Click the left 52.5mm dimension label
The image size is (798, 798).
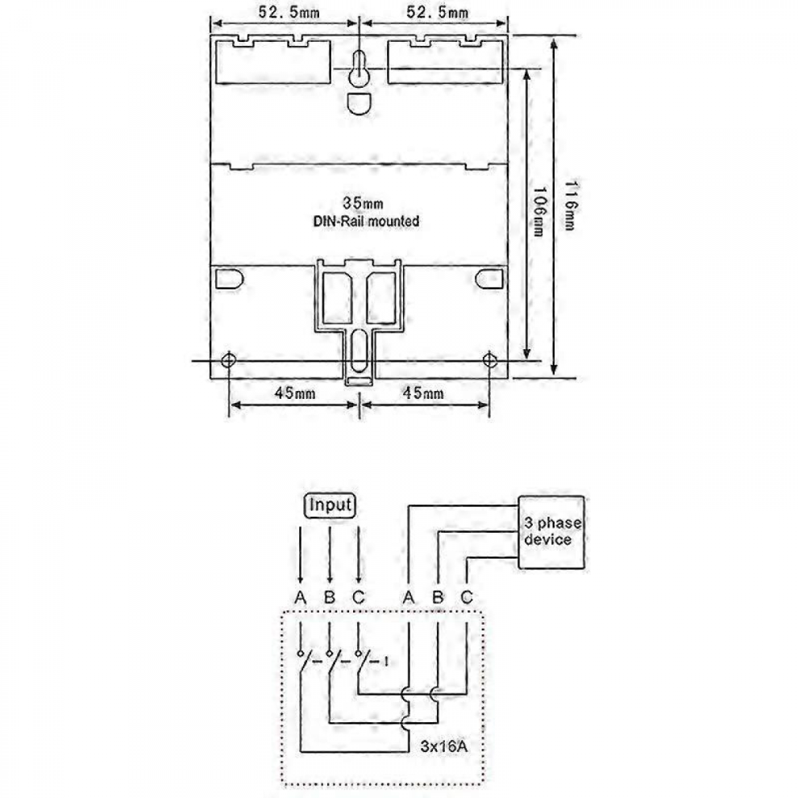289,12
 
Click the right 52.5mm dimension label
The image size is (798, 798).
437,12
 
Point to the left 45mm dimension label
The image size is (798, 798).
295,393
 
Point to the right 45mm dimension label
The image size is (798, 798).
423,393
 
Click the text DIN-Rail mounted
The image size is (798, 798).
366,222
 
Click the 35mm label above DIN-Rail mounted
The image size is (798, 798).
363,204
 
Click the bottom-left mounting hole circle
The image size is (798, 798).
228,360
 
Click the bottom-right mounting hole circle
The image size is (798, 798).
489,360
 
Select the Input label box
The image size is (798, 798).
330,505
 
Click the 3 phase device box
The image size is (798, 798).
551,532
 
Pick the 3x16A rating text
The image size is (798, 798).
444,746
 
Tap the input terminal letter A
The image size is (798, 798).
301,597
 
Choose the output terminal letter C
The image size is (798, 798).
467,597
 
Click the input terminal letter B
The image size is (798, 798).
330,597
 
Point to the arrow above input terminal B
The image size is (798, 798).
330,555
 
